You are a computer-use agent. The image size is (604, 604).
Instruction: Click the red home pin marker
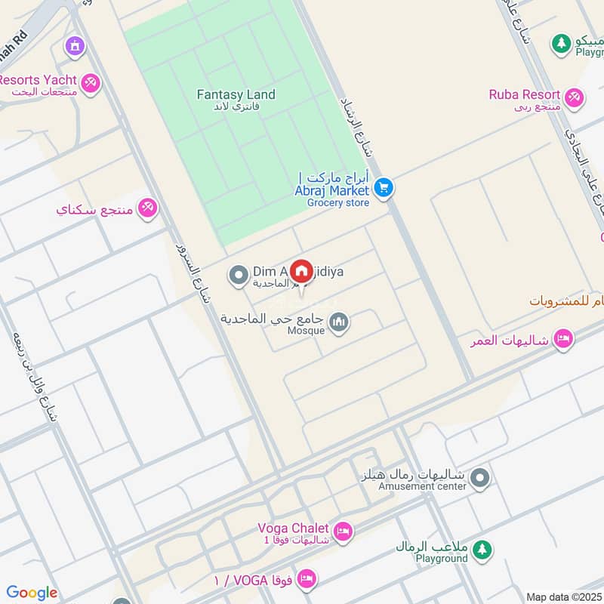pos(301,271)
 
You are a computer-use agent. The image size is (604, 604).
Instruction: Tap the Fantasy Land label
pos(236,95)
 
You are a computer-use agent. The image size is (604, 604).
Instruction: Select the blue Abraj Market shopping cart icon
pos(384,187)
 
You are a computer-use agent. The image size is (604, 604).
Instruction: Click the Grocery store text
pos(338,202)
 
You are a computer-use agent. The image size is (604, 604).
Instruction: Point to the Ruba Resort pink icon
pos(574,96)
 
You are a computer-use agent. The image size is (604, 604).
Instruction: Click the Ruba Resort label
pos(524,94)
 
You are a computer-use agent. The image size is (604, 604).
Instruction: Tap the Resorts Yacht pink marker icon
pos(91,82)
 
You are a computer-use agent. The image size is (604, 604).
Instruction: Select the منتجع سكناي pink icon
pos(148,208)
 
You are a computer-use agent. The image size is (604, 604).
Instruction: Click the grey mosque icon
pos(340,323)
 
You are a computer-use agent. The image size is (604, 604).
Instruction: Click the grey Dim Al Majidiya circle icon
pos(239,275)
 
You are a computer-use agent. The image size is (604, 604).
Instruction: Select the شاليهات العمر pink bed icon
pos(562,338)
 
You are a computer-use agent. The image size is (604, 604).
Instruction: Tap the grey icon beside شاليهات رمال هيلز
pos(479,478)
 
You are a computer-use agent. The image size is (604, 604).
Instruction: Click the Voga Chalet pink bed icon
pos(343,532)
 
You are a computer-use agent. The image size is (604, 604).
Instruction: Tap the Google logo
pos(32,593)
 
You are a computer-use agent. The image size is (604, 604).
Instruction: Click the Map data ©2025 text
pos(563,596)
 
